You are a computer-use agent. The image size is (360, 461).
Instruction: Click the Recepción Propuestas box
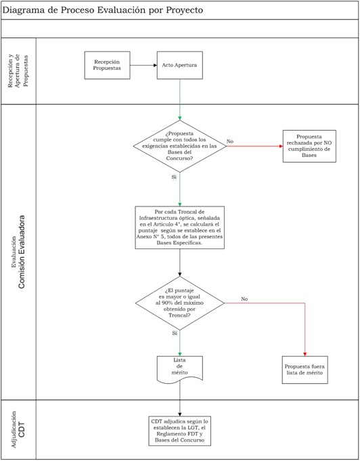point(108,65)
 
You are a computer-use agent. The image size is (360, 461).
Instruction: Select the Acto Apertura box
point(179,65)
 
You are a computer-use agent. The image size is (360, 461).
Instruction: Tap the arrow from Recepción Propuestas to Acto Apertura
point(143,65)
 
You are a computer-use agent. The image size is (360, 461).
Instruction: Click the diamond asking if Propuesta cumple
point(180,146)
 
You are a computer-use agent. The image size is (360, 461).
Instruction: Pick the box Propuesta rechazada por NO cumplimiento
point(309,146)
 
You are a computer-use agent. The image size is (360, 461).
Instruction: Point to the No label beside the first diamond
point(230,141)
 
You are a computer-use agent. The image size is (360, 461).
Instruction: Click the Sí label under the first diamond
point(174,177)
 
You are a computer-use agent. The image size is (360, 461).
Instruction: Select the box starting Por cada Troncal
point(180,227)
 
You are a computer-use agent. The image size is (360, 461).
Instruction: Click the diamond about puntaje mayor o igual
point(180,303)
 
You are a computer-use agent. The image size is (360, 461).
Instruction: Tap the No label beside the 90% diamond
point(244,299)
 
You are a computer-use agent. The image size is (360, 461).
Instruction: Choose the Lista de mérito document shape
point(180,370)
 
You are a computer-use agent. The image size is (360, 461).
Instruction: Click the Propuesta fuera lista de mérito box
point(305,370)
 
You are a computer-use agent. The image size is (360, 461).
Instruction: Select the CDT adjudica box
point(180,431)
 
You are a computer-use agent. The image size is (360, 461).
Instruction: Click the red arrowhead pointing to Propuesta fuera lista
point(305,354)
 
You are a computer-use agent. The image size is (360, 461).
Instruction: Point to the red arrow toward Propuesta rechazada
point(254,146)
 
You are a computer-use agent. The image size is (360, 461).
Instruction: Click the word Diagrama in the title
point(21,10)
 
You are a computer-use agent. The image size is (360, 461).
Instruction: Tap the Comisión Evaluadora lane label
point(22,252)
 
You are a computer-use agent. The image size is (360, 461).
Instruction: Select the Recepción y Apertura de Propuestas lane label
point(18,70)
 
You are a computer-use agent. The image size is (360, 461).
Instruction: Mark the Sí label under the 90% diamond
point(175,333)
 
